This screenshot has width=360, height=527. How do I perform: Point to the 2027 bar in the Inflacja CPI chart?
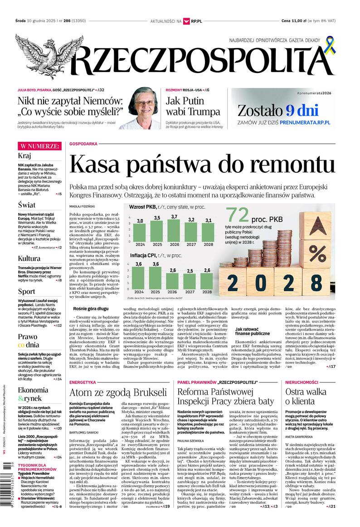(190, 281)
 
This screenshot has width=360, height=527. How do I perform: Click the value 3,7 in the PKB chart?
(174, 217)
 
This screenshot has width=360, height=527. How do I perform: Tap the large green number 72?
(239, 215)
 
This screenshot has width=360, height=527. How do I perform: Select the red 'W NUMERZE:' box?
(39, 146)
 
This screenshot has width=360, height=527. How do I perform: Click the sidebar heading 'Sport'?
(26, 291)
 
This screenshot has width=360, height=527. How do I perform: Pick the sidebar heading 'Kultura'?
(29, 259)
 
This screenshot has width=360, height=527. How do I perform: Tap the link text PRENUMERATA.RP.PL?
(305, 122)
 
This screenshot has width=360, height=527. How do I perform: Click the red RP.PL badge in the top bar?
(196, 21)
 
